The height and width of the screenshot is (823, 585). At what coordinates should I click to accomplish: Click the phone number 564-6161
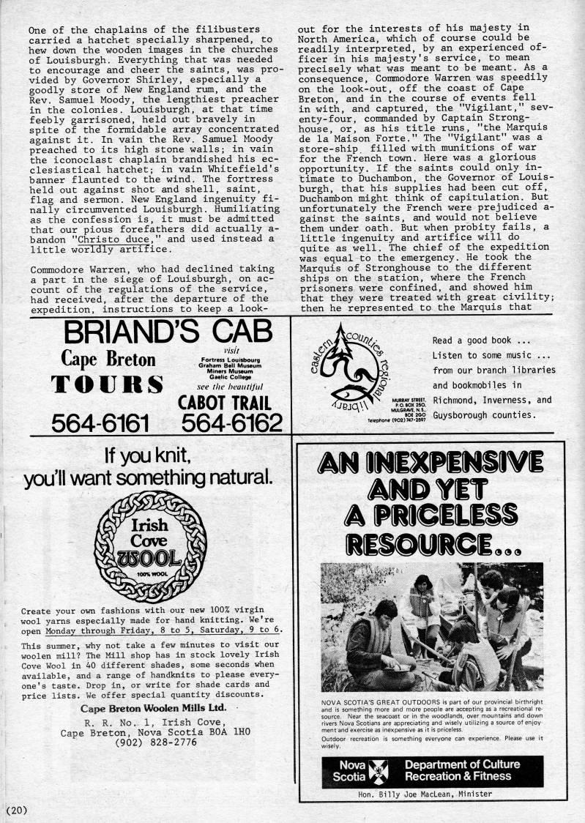(100, 422)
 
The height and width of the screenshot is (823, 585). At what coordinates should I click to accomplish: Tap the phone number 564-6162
(232, 422)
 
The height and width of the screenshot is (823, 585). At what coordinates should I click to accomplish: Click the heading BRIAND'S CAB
(173, 332)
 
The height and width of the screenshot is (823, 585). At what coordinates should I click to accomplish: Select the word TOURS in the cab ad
(107, 385)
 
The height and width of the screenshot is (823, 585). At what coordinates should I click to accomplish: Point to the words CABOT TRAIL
(225, 402)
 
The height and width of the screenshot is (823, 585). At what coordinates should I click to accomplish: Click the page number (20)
(16, 809)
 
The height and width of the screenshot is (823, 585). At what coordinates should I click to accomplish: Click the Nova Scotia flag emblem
(379, 770)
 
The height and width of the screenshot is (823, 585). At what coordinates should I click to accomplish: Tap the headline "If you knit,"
(149, 457)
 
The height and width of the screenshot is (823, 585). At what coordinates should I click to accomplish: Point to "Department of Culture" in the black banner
(462, 764)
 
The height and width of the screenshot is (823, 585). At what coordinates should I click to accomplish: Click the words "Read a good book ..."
(481, 340)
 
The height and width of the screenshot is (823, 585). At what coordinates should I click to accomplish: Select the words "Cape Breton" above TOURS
(108, 360)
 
